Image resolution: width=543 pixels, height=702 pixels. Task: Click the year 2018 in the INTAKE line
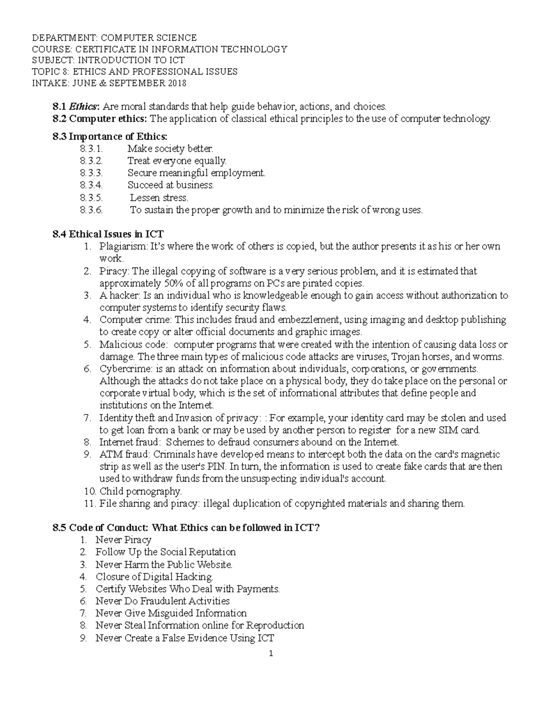(x=177, y=83)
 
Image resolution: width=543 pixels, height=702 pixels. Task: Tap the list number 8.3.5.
(x=91, y=198)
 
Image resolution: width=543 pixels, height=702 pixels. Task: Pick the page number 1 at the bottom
(x=271, y=654)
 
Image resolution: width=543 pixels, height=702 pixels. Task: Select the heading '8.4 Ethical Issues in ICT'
(x=108, y=234)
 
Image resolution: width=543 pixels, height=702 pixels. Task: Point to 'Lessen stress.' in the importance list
(x=159, y=198)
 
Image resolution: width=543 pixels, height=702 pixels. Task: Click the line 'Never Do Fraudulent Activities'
(x=162, y=601)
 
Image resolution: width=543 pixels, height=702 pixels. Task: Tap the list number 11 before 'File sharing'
(x=90, y=504)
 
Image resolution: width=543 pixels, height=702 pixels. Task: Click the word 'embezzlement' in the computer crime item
(x=311, y=320)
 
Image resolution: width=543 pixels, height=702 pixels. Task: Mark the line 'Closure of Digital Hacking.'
(x=154, y=577)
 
